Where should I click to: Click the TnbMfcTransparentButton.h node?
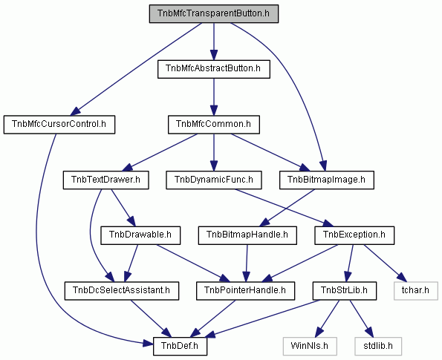point(214,13)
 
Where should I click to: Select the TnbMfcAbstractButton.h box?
point(214,69)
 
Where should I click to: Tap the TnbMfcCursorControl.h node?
point(59,125)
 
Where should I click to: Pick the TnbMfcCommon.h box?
point(214,125)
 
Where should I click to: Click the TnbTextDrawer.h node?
point(105,180)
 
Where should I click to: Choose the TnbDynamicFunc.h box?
point(214,180)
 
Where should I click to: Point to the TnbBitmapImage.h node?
point(327,180)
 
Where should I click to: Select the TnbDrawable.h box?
point(140,235)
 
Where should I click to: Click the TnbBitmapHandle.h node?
point(247,235)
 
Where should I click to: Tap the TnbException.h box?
point(354,235)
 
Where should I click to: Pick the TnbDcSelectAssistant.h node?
point(122,291)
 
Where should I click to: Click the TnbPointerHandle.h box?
point(245,291)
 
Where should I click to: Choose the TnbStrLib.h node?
point(345,291)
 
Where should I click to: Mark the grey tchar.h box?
point(416,291)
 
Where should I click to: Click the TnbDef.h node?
point(180,346)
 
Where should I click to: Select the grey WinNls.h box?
point(310,346)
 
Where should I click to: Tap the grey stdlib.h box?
point(378,346)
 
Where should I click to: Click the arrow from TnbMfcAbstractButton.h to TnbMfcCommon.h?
point(214,97)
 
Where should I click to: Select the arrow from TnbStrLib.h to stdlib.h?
point(362,318)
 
